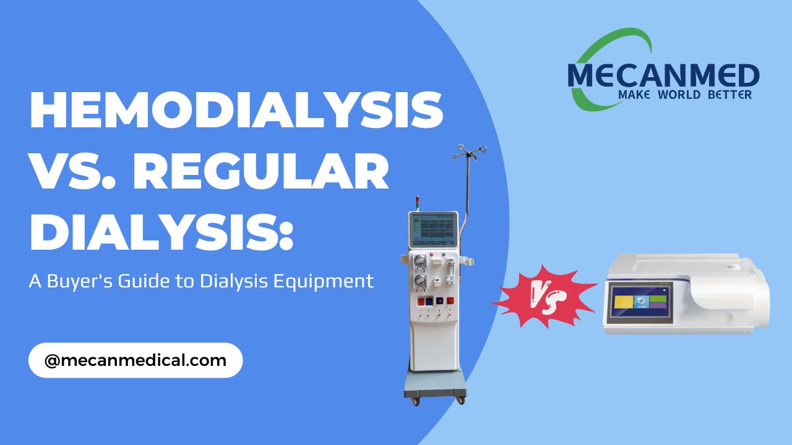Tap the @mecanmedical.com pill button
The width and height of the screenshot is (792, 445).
[136, 360]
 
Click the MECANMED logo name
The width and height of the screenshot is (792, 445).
[663, 75]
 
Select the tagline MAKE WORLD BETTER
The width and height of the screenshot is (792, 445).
[684, 95]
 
